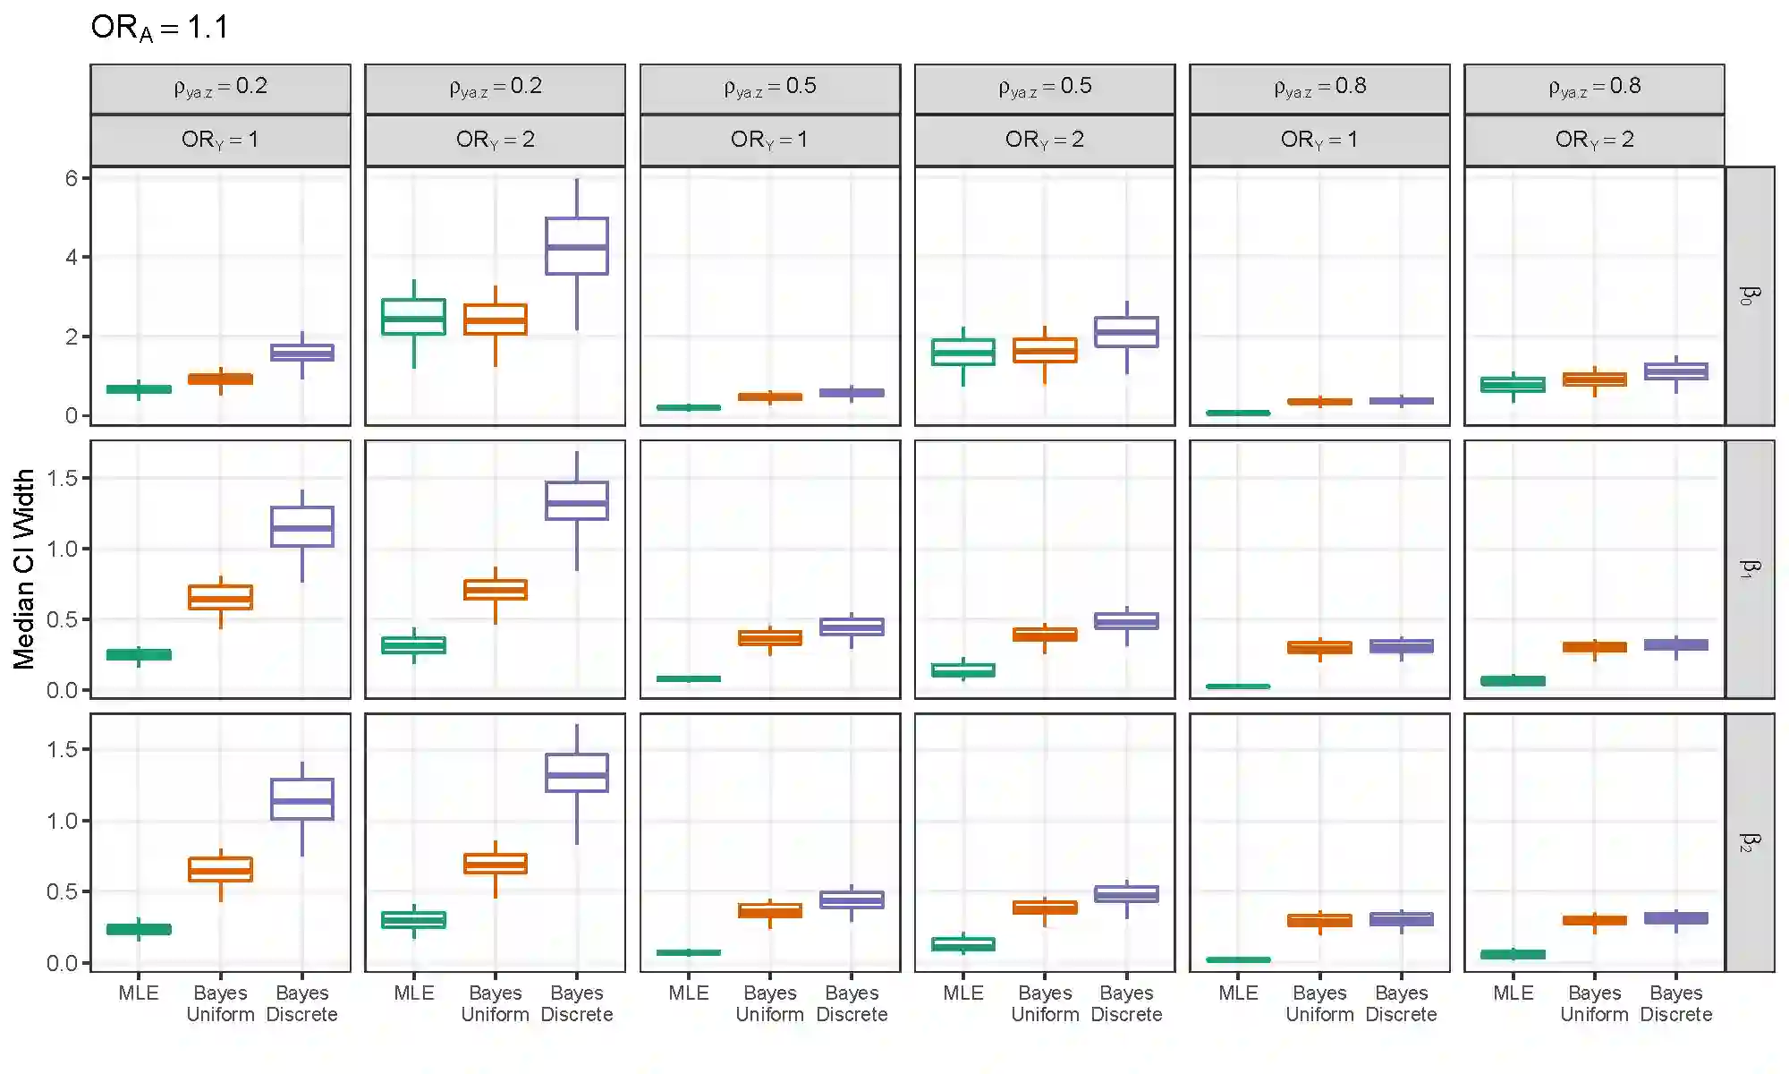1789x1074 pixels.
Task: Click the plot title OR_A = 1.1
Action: click(x=159, y=28)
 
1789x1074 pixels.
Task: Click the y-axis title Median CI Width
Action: click(x=24, y=569)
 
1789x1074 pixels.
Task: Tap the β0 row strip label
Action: click(x=1749, y=295)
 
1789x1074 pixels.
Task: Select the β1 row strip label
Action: click(x=1749, y=569)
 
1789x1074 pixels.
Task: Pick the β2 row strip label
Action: click(x=1749, y=842)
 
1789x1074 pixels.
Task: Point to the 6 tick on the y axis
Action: click(x=71, y=178)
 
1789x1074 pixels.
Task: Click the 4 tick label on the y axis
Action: click(x=71, y=258)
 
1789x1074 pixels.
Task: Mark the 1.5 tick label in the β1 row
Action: click(x=63, y=478)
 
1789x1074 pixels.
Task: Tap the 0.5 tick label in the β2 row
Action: click(x=63, y=891)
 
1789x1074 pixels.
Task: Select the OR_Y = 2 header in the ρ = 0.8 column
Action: click(x=1594, y=140)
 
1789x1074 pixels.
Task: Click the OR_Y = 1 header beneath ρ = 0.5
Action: click(x=769, y=140)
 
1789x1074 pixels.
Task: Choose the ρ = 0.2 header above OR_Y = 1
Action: click(x=220, y=87)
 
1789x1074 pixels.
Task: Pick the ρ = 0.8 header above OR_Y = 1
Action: click(x=1319, y=87)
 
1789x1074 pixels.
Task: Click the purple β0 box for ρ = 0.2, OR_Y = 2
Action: click(x=577, y=246)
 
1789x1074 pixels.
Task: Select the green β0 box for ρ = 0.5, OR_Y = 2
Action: click(x=963, y=352)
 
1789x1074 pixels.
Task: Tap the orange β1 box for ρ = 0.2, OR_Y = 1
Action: click(x=221, y=597)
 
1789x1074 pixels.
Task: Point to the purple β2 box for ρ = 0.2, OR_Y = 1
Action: click(x=302, y=799)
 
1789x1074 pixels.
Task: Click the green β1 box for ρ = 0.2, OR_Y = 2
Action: click(x=413, y=645)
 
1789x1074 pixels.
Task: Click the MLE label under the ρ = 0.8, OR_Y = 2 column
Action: click(x=1513, y=993)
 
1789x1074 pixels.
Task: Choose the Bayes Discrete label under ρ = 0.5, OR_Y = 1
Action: click(x=852, y=1003)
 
